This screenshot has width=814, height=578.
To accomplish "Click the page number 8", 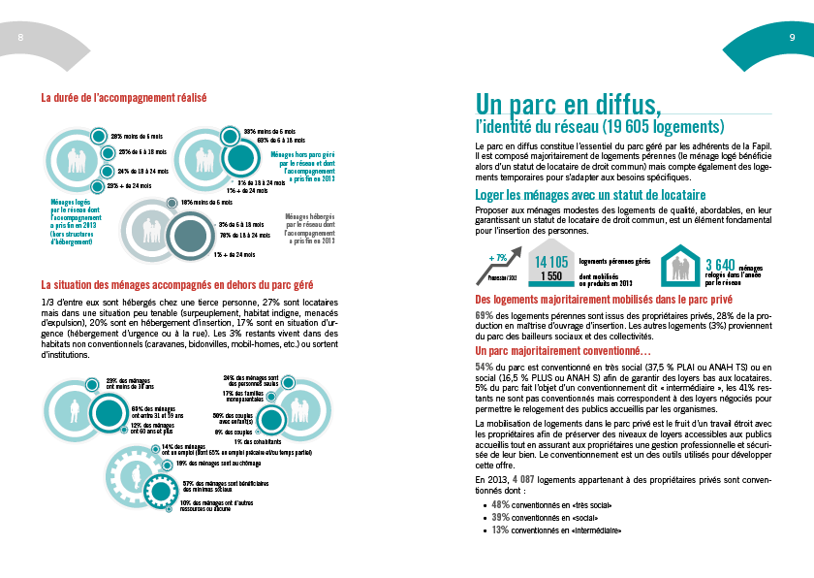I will pyautogui.click(x=21, y=37).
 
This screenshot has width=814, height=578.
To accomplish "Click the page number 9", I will pyautogui.click(x=792, y=37).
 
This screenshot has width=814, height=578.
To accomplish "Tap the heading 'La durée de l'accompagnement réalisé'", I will pyautogui.click(x=124, y=97).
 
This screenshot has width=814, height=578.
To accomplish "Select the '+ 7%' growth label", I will pyautogui.click(x=499, y=257).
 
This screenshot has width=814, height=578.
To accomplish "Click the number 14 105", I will pyautogui.click(x=551, y=262).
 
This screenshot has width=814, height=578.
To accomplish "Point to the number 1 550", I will pyautogui.click(x=551, y=275).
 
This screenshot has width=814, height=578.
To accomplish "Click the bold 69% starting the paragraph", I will pyautogui.click(x=484, y=315).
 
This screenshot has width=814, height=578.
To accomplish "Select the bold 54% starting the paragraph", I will pyautogui.click(x=484, y=367).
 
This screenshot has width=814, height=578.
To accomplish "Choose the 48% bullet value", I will pyautogui.click(x=501, y=504).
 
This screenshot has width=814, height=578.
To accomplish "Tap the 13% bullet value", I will pyautogui.click(x=501, y=530).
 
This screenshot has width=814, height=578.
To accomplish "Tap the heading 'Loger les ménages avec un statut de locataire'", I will pyautogui.click(x=577, y=195).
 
